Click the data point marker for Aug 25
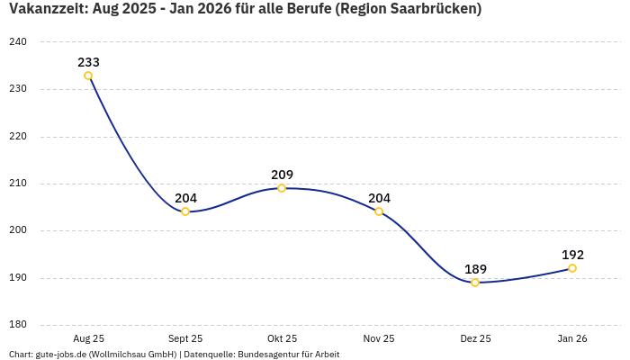tap(88, 76)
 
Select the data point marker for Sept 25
tap(185, 211)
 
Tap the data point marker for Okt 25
tap(282, 188)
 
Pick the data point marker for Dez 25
tap(475, 283)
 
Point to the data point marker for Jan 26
tap(572, 268)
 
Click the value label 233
tap(88, 62)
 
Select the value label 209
tap(282, 175)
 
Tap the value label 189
tap(475, 269)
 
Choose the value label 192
tap(572, 255)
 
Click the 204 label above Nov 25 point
tap(379, 198)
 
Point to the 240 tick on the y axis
tap(18, 42)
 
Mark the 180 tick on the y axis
tap(18, 325)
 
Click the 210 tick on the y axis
tap(18, 184)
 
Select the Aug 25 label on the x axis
tap(88, 338)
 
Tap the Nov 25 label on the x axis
tap(379, 338)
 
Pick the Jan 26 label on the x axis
tap(572, 338)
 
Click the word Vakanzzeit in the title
tap(45, 10)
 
